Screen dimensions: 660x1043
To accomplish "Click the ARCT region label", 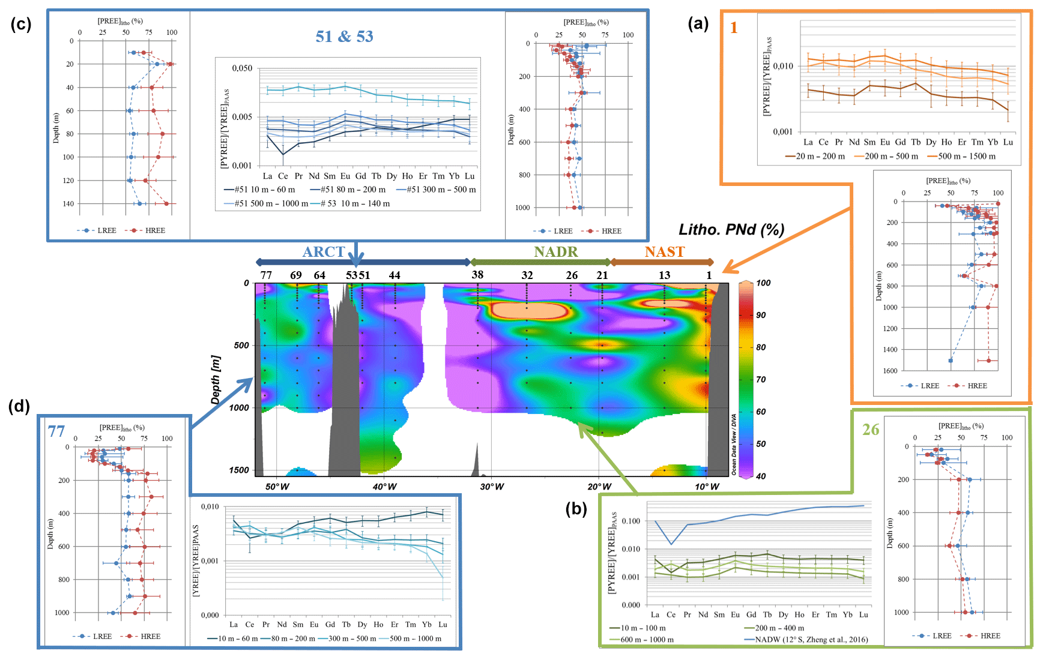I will click(x=324, y=252).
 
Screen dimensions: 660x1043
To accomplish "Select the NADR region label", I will click(x=556, y=252).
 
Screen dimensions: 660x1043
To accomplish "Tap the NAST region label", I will click(x=665, y=252).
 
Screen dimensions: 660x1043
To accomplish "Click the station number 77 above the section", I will click(x=266, y=275).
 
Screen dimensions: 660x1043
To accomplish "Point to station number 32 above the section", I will click(x=527, y=275).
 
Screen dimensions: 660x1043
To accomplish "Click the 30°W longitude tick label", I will click(x=492, y=487).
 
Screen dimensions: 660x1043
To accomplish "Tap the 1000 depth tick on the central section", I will click(x=239, y=408).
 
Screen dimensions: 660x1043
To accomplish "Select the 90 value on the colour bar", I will click(x=761, y=316).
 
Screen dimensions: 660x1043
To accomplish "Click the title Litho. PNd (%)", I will click(x=731, y=230).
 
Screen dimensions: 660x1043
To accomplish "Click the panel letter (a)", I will click(x=698, y=23).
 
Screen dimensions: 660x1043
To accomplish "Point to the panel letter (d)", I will click(x=19, y=406).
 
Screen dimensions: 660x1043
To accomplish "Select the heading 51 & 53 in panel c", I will click(x=345, y=37).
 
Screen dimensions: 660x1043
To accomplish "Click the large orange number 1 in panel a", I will click(x=734, y=28).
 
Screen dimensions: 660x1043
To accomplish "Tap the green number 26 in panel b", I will click(x=871, y=430).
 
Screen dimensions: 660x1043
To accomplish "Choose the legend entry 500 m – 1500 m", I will click(x=966, y=157).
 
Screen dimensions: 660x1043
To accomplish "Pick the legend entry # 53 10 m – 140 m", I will click(x=355, y=204).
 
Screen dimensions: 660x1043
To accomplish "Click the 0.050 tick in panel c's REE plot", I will click(x=243, y=68).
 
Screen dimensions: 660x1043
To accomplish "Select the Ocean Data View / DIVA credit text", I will click(x=734, y=445).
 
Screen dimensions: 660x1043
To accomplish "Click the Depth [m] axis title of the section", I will click(x=216, y=380).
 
